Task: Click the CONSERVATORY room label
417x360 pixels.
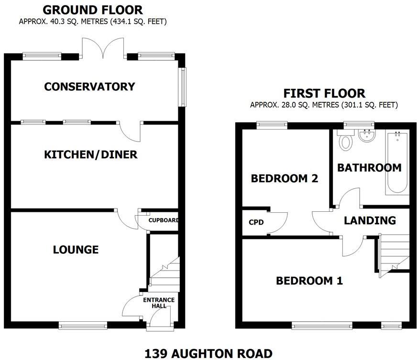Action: tap(89, 87)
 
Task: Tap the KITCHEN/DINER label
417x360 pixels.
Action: tap(90, 155)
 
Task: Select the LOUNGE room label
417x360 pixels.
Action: tap(76, 250)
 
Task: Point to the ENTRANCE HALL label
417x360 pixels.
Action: tap(159, 303)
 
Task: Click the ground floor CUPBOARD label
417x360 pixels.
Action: tap(164, 220)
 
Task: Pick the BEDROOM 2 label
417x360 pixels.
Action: tap(285, 178)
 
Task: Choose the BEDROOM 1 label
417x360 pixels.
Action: tap(309, 281)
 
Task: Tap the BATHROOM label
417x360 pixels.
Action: tap(369, 167)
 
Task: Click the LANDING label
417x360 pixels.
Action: tap(370, 220)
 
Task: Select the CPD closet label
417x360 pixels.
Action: tap(256, 223)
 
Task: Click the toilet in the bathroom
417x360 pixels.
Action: tap(344, 142)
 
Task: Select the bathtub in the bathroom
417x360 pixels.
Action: tap(397, 163)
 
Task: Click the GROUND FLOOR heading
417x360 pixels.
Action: tap(92, 10)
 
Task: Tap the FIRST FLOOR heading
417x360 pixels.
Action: tap(324, 93)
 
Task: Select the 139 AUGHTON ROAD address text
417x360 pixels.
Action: tap(208, 353)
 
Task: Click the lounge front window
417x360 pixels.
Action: tap(83, 326)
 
